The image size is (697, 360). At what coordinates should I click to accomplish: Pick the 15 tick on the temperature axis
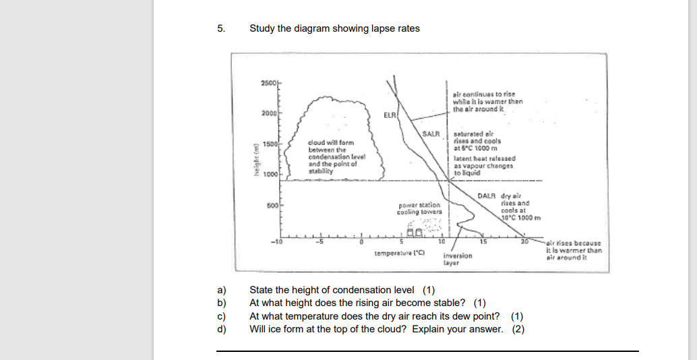(483, 241)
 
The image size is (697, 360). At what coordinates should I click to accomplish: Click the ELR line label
(390, 115)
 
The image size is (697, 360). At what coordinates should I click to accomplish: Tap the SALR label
(431, 133)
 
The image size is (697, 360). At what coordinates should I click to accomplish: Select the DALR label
(487, 196)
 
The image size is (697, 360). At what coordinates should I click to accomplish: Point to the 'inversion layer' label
(458, 260)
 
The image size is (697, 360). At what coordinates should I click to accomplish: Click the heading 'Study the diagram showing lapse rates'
(334, 28)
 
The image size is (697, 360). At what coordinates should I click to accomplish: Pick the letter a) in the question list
(220, 291)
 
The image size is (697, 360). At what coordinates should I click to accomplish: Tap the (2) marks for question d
(517, 329)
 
